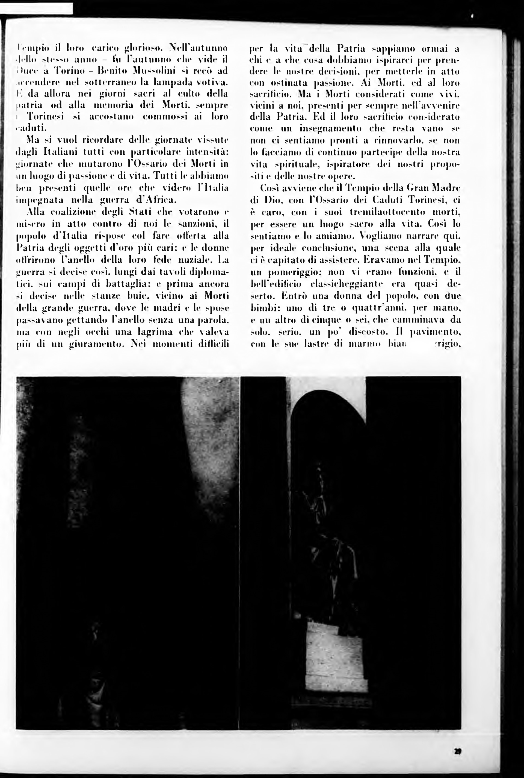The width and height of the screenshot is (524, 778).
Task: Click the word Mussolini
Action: [x=152, y=71]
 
